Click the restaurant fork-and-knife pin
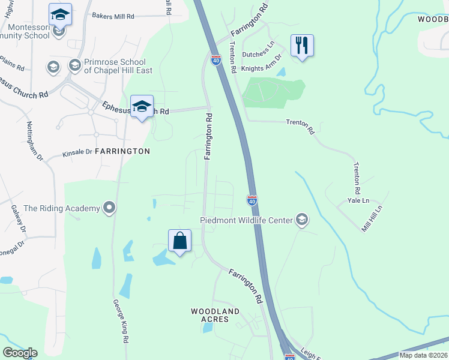coord(302,46)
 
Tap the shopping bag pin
coord(179,241)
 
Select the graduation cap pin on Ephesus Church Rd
coord(142,107)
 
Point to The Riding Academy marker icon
coord(109,208)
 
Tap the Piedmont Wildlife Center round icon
coord(301,220)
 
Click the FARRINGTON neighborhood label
coord(122,151)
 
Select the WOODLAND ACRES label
coord(215,315)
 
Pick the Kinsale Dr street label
coord(77,154)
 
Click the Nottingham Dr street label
coord(35,141)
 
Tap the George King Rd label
coord(120,321)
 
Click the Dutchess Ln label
coord(258,55)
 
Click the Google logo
coord(20,352)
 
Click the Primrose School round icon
coord(75,64)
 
